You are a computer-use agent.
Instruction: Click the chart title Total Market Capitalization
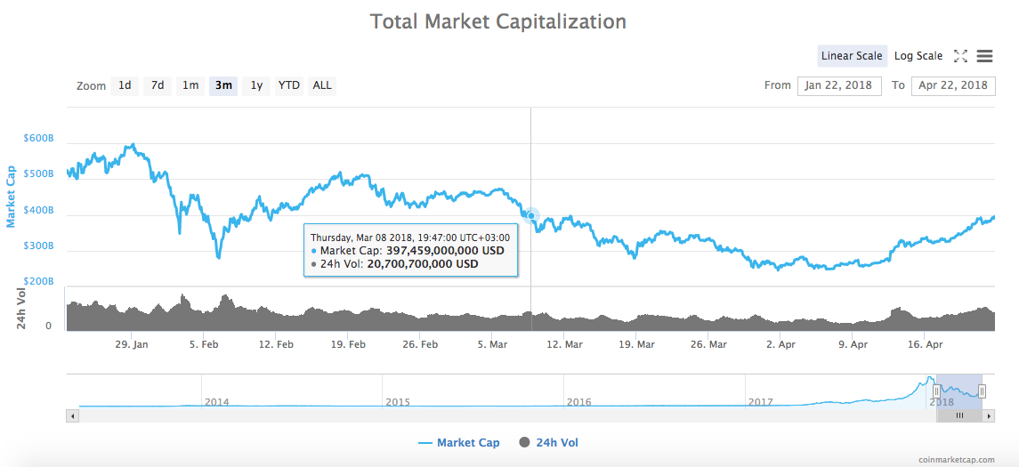point(497,21)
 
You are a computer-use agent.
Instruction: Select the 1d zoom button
point(125,85)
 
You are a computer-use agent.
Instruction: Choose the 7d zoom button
point(158,85)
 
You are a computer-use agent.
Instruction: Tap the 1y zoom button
point(256,85)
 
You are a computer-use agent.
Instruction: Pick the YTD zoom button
point(289,85)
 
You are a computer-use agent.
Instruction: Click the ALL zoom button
point(322,85)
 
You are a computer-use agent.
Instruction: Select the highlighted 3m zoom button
point(223,85)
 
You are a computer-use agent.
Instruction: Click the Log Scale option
point(918,56)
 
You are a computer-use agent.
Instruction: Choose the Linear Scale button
point(852,56)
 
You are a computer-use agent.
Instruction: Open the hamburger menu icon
point(984,56)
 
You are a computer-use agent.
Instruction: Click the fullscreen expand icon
point(960,56)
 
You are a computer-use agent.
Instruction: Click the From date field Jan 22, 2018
point(839,85)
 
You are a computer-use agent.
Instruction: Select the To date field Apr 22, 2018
point(953,85)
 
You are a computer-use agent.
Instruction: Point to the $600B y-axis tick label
point(38,139)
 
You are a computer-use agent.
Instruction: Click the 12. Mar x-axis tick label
point(564,344)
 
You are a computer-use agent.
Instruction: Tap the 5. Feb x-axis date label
point(204,344)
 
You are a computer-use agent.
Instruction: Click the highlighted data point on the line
point(531,215)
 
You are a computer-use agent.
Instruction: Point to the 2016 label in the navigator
point(579,402)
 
